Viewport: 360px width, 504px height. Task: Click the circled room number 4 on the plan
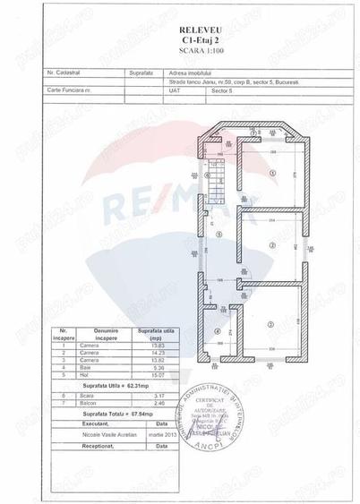[x=218, y=332]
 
